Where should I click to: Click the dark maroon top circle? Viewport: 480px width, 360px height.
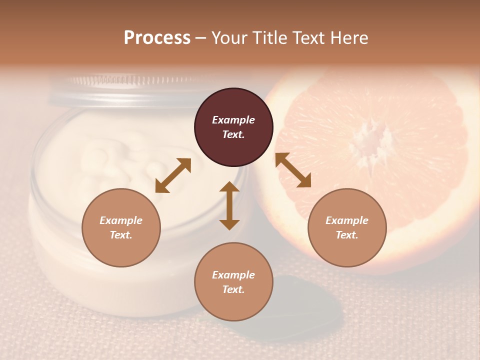233,127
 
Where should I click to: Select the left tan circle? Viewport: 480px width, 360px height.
121,227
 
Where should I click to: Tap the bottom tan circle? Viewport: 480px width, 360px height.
233,282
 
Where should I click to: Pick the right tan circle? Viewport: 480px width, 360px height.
347,227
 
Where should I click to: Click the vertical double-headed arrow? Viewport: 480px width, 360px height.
229,206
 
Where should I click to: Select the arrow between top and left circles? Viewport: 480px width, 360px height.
173,175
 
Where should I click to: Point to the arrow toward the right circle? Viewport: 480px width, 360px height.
293,170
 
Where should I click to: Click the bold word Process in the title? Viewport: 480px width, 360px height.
157,37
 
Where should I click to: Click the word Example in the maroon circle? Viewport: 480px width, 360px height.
233,120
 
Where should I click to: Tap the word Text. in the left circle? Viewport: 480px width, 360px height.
121,235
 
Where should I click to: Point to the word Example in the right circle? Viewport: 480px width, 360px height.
347,220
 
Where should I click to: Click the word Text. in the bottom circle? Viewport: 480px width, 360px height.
233,289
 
